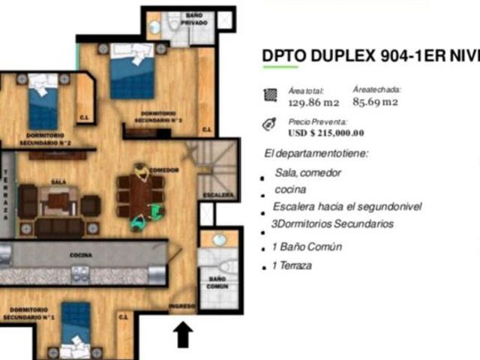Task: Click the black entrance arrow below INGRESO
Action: [182, 334]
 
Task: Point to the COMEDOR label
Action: [163, 170]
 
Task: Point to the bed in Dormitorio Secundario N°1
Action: [76, 330]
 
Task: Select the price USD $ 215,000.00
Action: [325, 133]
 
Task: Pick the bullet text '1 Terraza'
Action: [292, 265]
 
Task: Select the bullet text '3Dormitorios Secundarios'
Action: [332, 223]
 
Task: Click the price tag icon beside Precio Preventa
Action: [269, 126]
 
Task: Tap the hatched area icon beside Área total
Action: [269, 94]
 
